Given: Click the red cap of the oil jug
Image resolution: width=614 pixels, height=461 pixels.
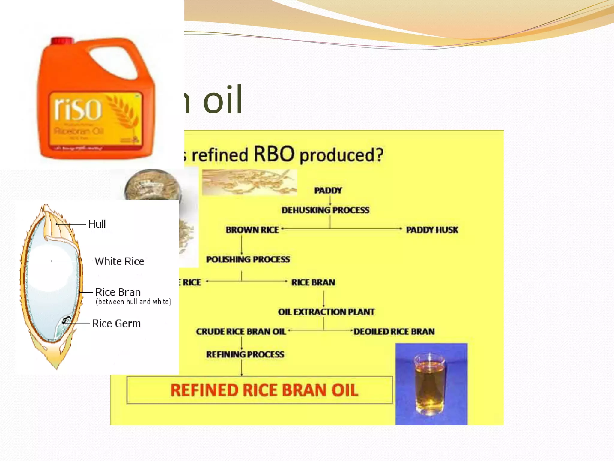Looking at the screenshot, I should pos(62,40).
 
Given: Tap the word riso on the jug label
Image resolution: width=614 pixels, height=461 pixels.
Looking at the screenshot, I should pos(78,109).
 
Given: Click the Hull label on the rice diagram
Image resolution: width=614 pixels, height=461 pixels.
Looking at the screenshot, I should pos(97,224).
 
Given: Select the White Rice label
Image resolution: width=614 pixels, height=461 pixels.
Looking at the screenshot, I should pos(119,261).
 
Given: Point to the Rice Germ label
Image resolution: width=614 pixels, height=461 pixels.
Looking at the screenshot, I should pos(116,324).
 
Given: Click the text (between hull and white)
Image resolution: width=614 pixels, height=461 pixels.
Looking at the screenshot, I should pos(133,302).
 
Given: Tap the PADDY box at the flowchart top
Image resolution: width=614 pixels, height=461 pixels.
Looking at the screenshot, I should pos(328,191).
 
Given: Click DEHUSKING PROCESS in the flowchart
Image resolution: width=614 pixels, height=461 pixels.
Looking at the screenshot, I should pos(325,210).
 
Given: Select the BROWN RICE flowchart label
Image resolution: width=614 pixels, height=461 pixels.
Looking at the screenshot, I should pos(252,230).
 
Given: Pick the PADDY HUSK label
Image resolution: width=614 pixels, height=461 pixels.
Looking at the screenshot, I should pos(432,230).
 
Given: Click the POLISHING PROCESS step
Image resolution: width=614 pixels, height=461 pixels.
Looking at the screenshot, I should pos(248,259).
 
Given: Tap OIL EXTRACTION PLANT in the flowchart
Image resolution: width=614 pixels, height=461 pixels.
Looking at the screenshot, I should pos(326,312).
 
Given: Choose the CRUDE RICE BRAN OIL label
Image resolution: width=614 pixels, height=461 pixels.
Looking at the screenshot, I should pos(241,331).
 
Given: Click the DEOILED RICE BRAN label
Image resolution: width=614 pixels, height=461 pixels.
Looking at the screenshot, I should pos(394,331).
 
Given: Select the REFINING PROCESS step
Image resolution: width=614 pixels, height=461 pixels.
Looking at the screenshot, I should pos(245,354).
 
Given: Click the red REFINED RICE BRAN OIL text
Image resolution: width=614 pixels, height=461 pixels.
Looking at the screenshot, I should pos(264,390).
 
